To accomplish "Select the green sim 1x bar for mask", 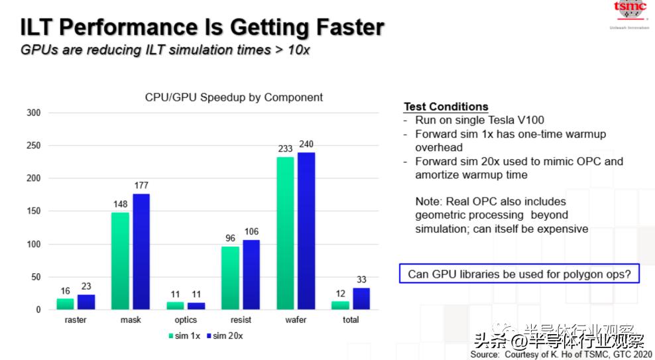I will (x=121, y=261).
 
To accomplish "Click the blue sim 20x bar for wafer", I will (x=306, y=231).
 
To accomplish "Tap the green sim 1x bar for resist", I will (x=230, y=278).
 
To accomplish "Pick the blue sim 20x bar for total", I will (x=361, y=298).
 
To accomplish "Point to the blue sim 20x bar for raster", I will (x=86, y=302).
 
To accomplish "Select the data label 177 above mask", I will (x=142, y=186).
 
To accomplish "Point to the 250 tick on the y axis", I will (x=33, y=146).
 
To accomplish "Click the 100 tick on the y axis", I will (x=33, y=245).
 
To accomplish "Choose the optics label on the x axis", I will (x=186, y=320).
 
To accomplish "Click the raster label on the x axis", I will (x=76, y=320).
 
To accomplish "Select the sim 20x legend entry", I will (x=225, y=336).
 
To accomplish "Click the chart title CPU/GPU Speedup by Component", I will (x=234, y=97).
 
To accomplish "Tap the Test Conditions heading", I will (x=446, y=107).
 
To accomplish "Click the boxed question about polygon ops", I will (x=519, y=274).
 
